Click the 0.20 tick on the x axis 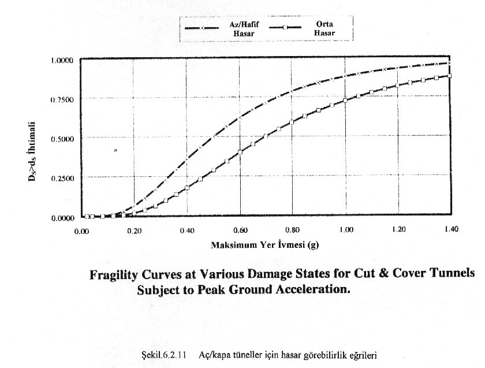click(134, 231)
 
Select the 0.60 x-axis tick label click(240, 231)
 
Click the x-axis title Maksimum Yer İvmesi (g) click(264, 245)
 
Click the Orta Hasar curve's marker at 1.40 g click(449, 76)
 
